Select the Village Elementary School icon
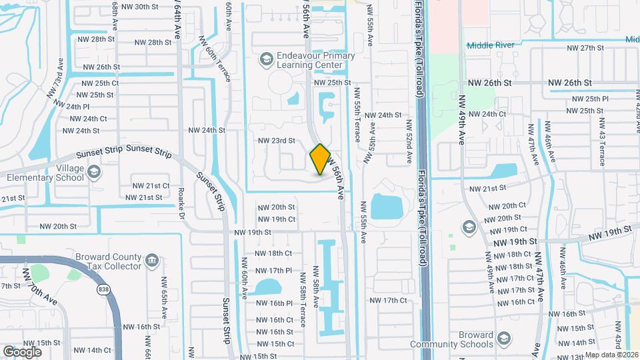93,173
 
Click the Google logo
22,351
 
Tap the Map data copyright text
611,355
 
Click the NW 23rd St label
277,141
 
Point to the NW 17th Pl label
274,271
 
